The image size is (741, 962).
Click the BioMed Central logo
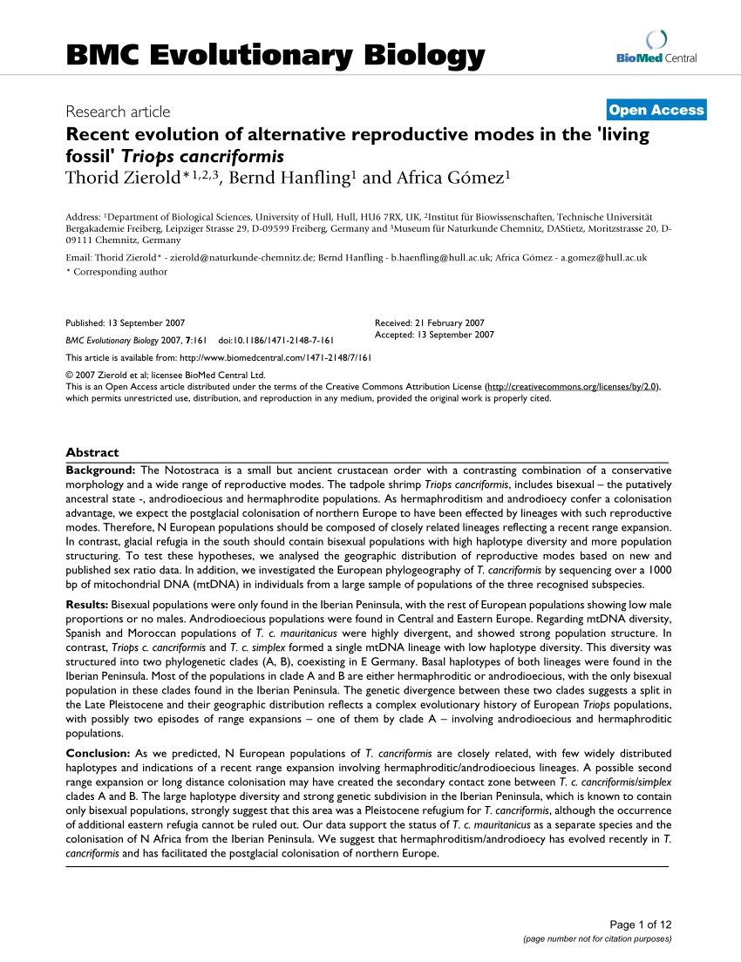[656, 49]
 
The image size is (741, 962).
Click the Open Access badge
[656, 110]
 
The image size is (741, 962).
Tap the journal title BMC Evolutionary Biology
[275, 56]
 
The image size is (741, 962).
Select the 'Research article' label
[118, 112]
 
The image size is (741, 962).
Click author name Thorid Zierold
[125, 179]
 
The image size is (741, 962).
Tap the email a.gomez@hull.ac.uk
[603, 258]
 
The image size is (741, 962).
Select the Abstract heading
[92, 452]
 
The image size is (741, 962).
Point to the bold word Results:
[87, 604]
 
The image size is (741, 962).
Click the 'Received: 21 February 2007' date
[429, 322]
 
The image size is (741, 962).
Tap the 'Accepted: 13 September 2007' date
[434, 335]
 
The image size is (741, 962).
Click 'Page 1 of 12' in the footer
[642, 925]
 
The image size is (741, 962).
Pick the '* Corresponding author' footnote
[117, 272]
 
